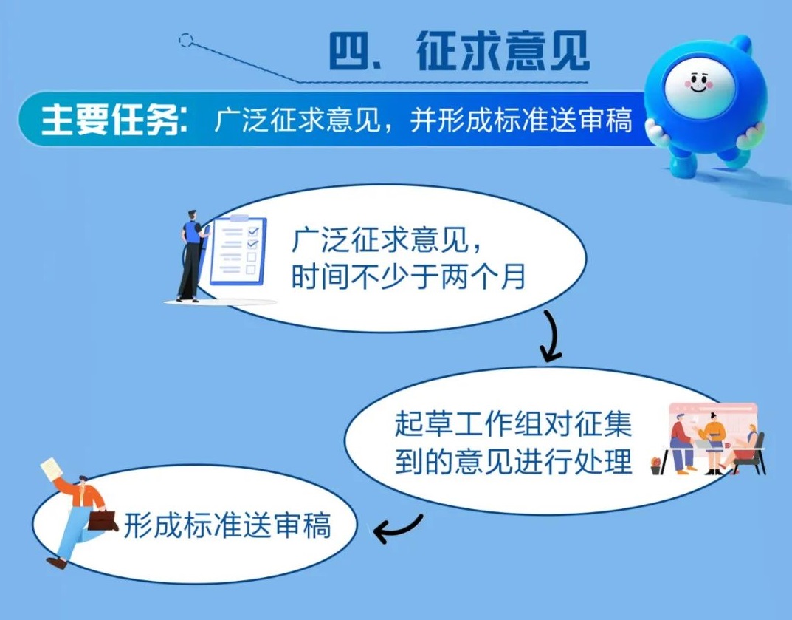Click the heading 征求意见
tap(503, 51)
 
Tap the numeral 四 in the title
tap(350, 51)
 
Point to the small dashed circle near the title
tap(186, 40)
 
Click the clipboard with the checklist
tap(238, 250)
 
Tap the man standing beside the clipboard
tap(191, 256)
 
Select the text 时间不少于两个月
tap(409, 276)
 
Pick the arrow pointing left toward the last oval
tap(398, 528)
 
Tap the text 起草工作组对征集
tap(513, 423)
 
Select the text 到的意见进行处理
tap(513, 461)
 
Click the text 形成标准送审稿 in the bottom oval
tap(227, 525)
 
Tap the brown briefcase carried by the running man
tap(103, 520)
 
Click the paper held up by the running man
tap(52, 470)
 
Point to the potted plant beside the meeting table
tap(655, 466)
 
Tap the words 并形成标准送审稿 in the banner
tap(521, 120)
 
